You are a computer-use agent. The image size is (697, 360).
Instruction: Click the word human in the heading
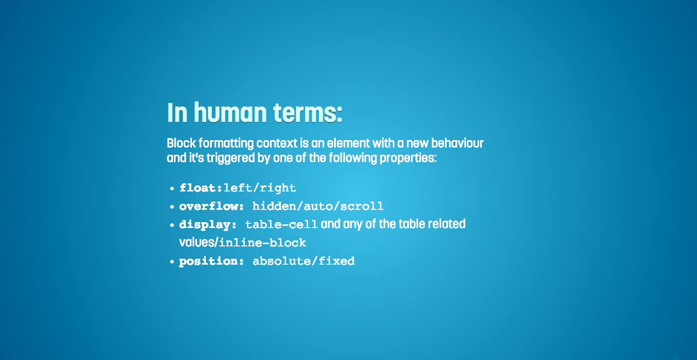coord(231,113)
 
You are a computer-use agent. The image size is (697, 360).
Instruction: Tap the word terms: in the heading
coord(308,113)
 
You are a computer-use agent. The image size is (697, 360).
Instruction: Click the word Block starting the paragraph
coord(182,143)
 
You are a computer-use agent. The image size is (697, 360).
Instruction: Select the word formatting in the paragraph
coord(226,144)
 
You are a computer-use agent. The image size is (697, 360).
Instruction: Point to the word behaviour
coord(457,143)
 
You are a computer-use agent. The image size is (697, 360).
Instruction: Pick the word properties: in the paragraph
coord(408,159)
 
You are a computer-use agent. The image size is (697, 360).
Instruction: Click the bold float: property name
coord(201,188)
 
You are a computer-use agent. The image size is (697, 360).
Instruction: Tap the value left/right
coord(260,188)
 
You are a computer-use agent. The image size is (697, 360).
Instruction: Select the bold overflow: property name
coord(212,206)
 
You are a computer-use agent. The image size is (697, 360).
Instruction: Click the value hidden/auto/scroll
coord(318,206)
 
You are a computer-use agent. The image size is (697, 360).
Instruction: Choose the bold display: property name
coord(208,224)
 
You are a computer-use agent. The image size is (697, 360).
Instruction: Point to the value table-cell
coord(282,224)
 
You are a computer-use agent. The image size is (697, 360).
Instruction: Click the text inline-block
coord(263,243)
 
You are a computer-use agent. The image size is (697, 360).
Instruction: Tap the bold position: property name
coord(212,261)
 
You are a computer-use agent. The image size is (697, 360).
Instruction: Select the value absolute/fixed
coord(303,261)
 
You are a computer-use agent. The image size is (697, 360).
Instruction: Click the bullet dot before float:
coord(172,189)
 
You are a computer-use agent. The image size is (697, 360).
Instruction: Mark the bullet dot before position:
coord(172,262)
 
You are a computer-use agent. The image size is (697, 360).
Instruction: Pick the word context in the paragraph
coord(277,143)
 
